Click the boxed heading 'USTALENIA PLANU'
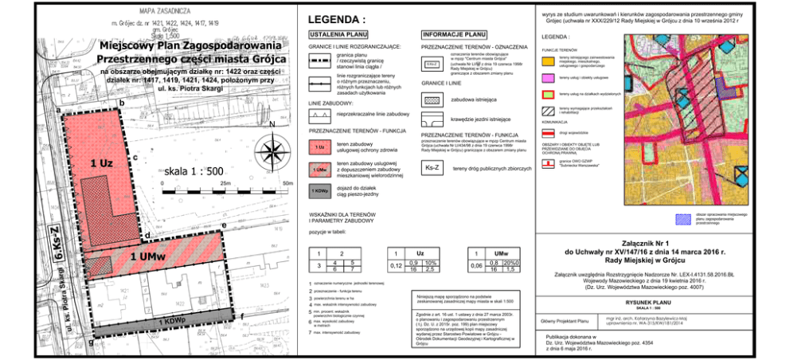click(338, 36)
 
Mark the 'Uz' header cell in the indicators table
click(409, 252)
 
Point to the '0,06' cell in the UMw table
click(476, 266)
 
